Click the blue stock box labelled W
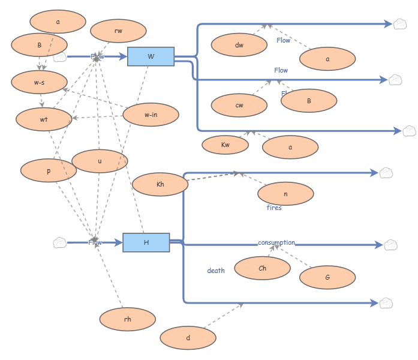[151, 56]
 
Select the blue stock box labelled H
[146, 242]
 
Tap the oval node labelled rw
[118, 31]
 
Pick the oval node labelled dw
[239, 45]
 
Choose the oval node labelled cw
[239, 106]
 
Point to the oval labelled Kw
[225, 145]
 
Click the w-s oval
[40, 82]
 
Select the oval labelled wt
[44, 119]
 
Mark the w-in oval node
[151, 115]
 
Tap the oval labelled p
[49, 170]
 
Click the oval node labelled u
[100, 161]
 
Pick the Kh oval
[160, 184]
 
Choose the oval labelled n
[285, 194]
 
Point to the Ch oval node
[262, 268]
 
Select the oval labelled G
[327, 277]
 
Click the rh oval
[128, 319]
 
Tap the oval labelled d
[188, 338]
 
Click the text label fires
[274, 208]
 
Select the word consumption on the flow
[276, 242]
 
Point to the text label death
[216, 271]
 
